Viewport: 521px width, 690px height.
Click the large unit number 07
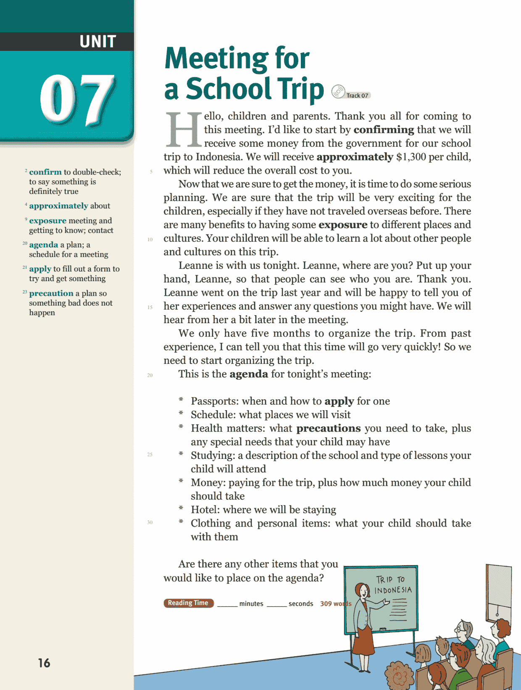click(78, 100)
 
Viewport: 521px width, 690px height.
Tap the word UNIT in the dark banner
click(97, 42)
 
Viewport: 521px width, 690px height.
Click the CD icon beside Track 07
click(338, 92)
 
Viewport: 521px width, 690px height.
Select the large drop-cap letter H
click(184, 129)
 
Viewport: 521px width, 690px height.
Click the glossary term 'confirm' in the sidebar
click(45, 172)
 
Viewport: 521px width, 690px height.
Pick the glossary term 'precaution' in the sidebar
click(51, 293)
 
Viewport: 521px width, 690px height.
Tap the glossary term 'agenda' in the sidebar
click(44, 245)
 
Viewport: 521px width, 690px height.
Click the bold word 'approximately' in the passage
click(355, 157)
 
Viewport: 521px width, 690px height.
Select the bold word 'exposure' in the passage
click(343, 225)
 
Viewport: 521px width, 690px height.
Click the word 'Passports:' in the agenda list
click(215, 401)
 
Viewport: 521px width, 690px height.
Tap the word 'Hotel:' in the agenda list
click(205, 510)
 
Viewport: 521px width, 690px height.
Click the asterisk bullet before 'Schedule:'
click(181, 414)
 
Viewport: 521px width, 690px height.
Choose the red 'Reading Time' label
click(188, 603)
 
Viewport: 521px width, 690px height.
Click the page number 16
click(44, 663)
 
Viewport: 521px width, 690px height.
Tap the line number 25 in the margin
click(150, 455)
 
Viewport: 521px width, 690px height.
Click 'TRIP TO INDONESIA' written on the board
click(393, 585)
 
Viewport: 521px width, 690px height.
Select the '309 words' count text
click(336, 603)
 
